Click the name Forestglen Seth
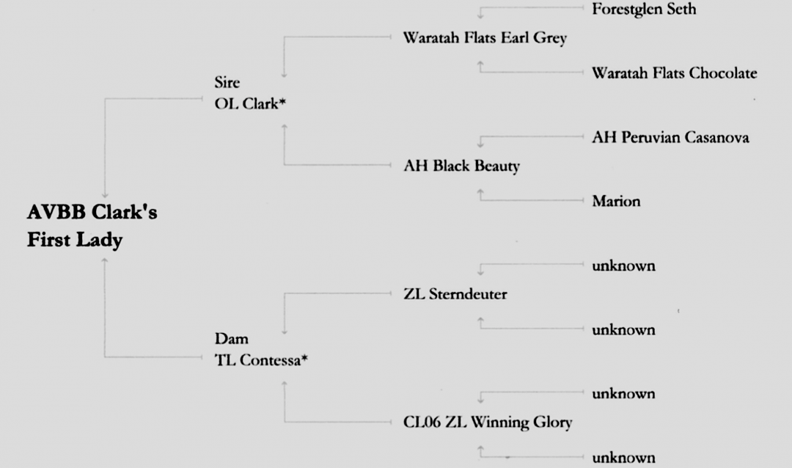644,10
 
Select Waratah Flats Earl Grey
485,38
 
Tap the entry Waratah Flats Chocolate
674,73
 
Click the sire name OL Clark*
245,103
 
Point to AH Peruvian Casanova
670,138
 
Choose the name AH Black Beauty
461,166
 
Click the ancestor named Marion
616,201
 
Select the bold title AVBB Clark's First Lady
92,227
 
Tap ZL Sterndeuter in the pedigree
455,295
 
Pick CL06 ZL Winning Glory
488,423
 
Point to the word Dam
231,339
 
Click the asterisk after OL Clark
282,103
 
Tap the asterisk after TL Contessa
304,359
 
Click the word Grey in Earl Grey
551,38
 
